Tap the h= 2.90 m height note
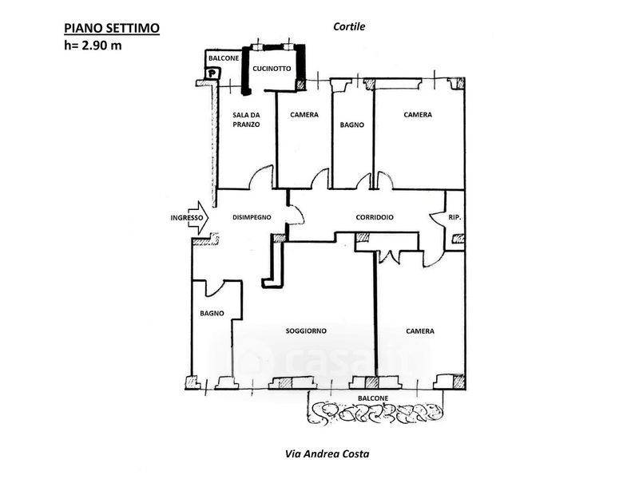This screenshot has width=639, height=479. click(94, 45)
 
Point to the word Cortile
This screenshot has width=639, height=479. click(349, 26)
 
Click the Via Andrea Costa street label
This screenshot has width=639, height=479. click(327, 454)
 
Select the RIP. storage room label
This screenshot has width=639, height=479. click(454, 218)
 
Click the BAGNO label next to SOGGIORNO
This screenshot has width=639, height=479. click(212, 314)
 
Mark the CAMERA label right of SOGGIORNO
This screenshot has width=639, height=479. click(419, 331)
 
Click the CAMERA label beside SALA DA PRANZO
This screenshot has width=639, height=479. click(304, 115)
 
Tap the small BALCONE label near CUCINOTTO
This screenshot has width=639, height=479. click(219, 59)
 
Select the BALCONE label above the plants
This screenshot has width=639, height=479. click(373, 398)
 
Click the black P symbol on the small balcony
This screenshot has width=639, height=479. click(212, 73)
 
